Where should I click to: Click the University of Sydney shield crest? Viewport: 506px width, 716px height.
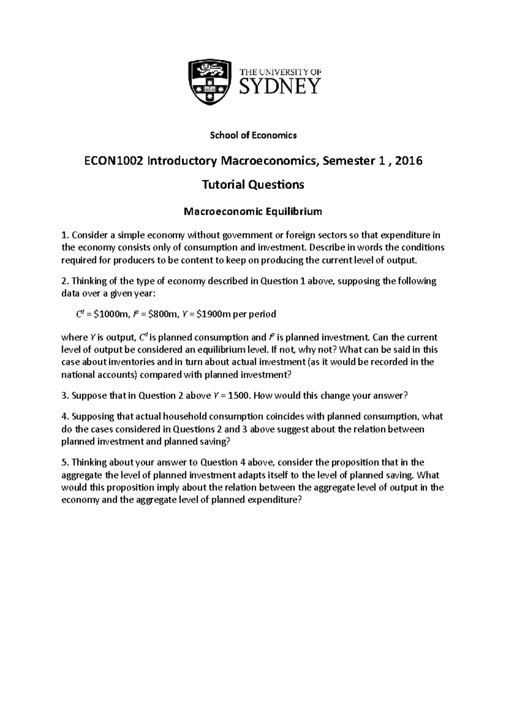coord(210,82)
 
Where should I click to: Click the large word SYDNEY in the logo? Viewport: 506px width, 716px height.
coord(280,87)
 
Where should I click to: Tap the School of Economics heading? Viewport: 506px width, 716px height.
coord(253,135)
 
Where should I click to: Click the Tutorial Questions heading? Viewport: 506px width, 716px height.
coord(253,185)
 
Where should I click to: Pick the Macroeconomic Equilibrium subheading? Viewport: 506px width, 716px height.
coord(253,212)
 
